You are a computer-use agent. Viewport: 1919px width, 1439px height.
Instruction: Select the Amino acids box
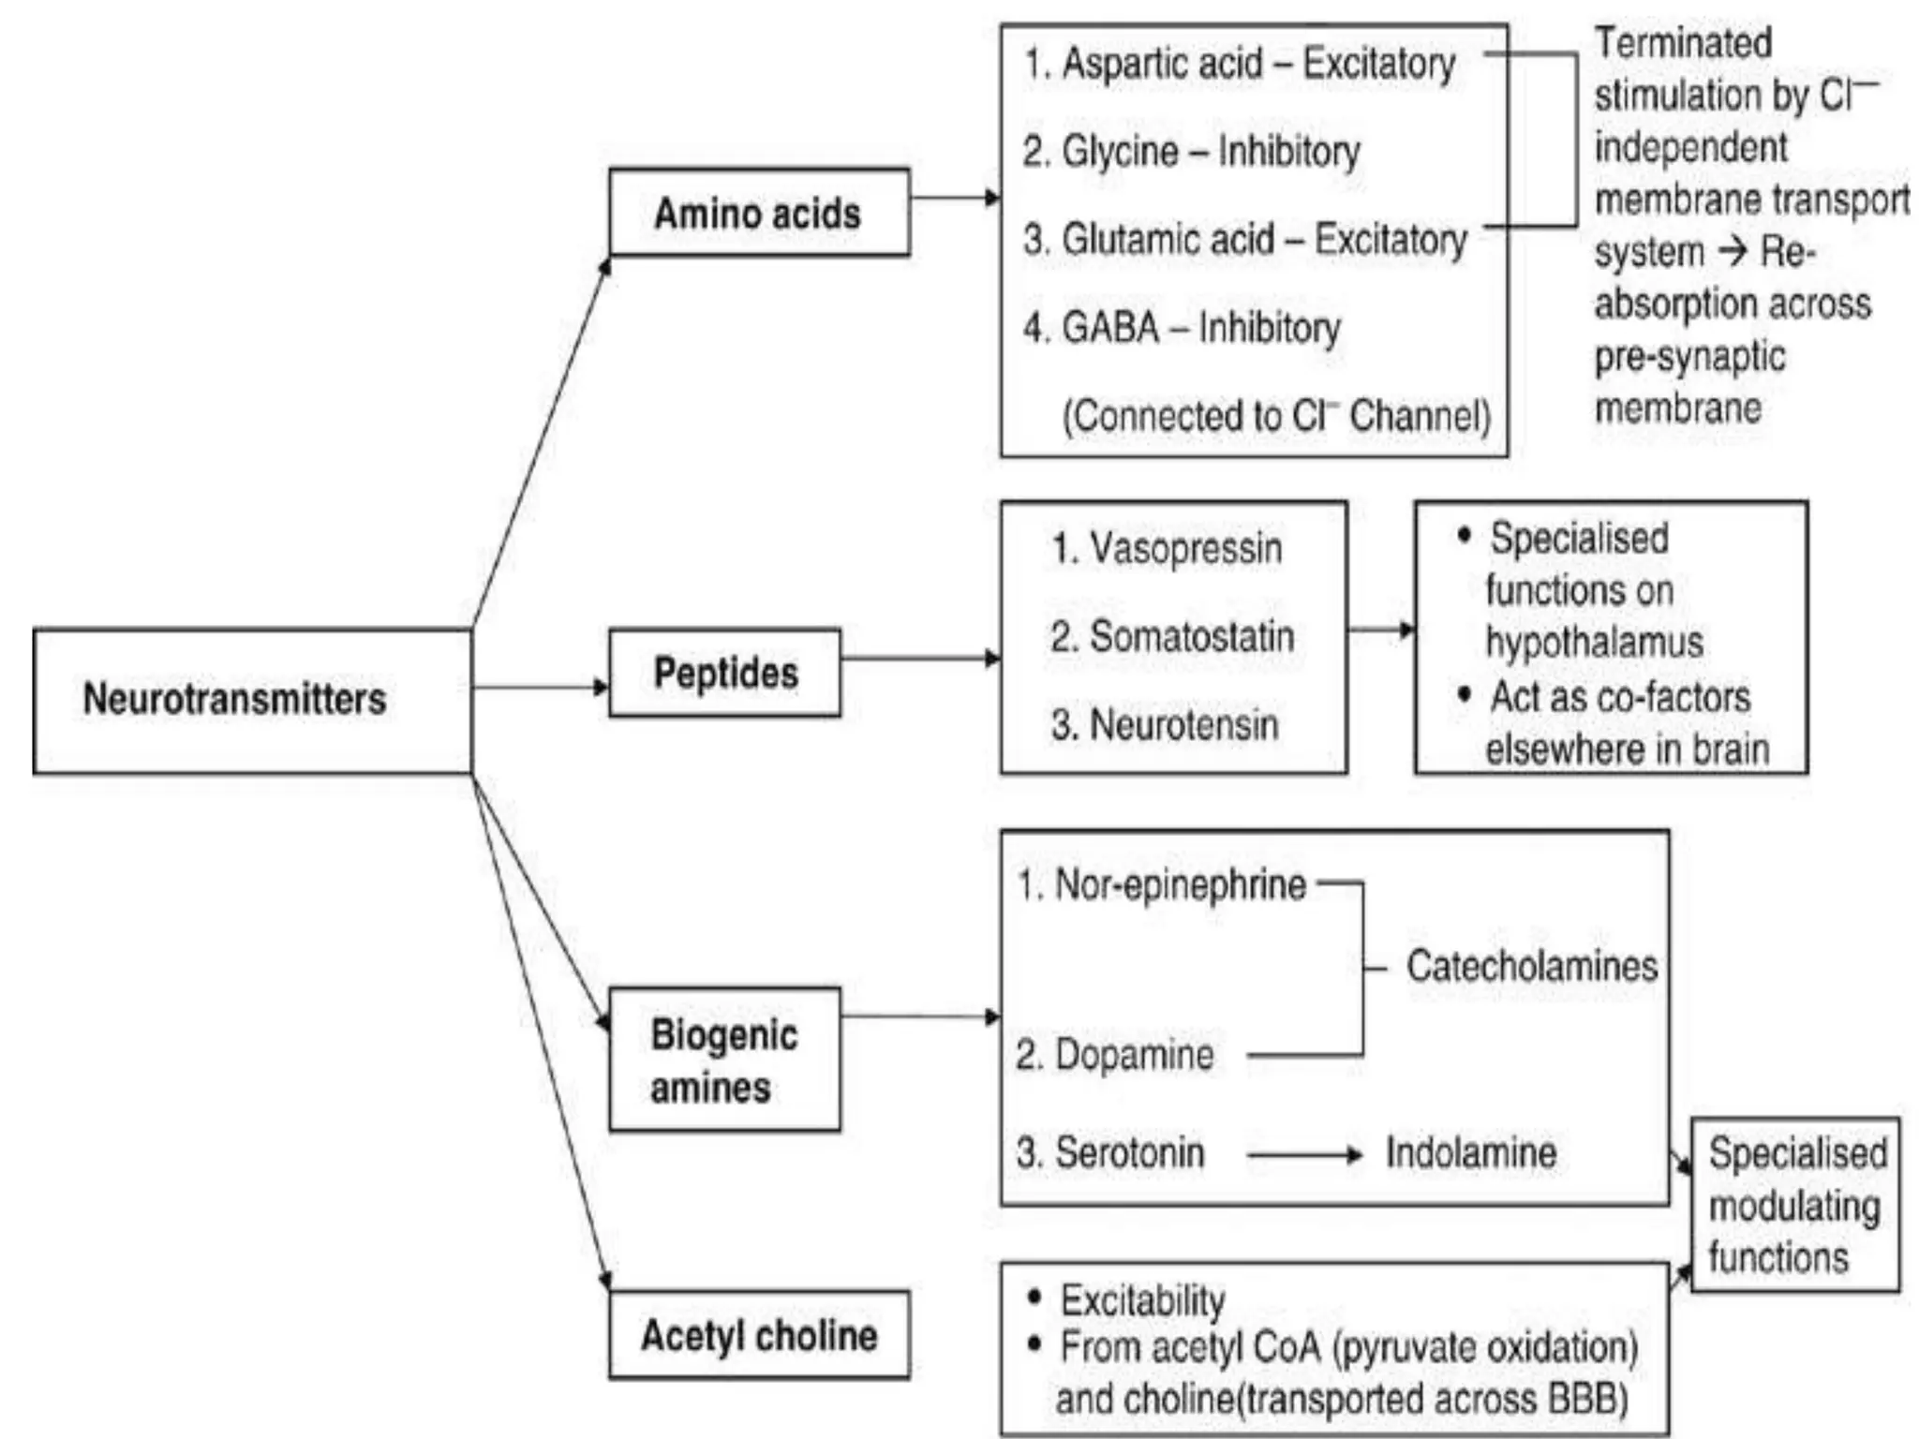(758, 213)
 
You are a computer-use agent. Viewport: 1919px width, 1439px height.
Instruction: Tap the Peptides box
(724, 674)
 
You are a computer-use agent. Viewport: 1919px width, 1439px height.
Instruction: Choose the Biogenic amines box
(724, 1060)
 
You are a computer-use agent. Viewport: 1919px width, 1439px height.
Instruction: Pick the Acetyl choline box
(758, 1335)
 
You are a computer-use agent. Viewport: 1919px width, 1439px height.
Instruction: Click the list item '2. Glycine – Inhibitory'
(1191, 151)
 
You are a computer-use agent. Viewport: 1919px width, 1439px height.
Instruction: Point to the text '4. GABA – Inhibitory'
(1182, 328)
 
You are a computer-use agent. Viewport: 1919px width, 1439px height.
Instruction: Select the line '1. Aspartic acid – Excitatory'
(1240, 64)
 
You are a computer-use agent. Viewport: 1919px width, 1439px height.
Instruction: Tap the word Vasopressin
(1185, 549)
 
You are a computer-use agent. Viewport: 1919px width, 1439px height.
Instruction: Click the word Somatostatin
(1192, 637)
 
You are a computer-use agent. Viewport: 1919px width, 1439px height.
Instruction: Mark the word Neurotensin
(1184, 725)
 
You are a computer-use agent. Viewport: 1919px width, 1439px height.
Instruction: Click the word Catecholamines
(1531, 967)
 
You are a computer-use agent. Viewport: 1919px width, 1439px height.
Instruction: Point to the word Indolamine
(1471, 1153)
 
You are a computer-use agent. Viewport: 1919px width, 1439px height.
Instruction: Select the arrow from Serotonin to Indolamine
(1303, 1155)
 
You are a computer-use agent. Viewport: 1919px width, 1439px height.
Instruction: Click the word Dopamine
(1134, 1056)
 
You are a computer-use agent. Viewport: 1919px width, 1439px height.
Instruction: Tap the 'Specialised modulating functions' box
(1794, 1205)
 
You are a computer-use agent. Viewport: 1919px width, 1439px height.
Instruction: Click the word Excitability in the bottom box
(1142, 1300)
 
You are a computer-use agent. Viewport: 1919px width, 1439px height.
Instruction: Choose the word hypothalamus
(1594, 643)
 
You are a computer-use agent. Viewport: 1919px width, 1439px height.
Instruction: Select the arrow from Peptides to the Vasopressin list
(919, 659)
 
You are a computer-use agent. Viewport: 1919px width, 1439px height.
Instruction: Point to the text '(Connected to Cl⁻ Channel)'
(1275, 416)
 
